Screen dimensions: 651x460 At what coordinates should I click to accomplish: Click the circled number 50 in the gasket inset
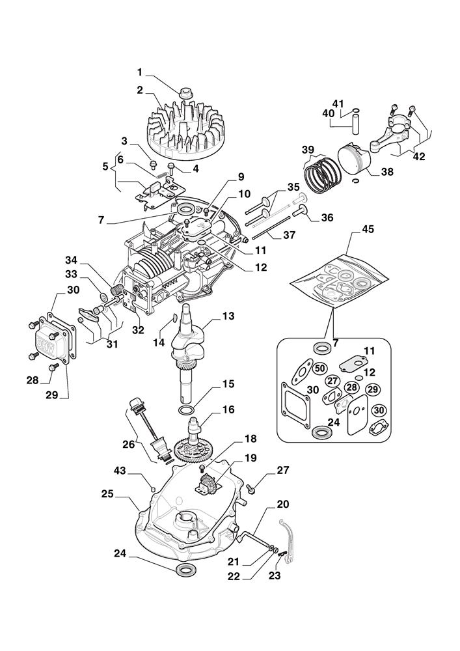tap(319, 368)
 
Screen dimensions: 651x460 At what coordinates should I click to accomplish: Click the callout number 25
tap(108, 495)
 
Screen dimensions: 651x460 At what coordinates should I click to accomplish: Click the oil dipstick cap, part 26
tap(136, 403)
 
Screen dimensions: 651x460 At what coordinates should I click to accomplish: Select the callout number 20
tap(283, 504)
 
